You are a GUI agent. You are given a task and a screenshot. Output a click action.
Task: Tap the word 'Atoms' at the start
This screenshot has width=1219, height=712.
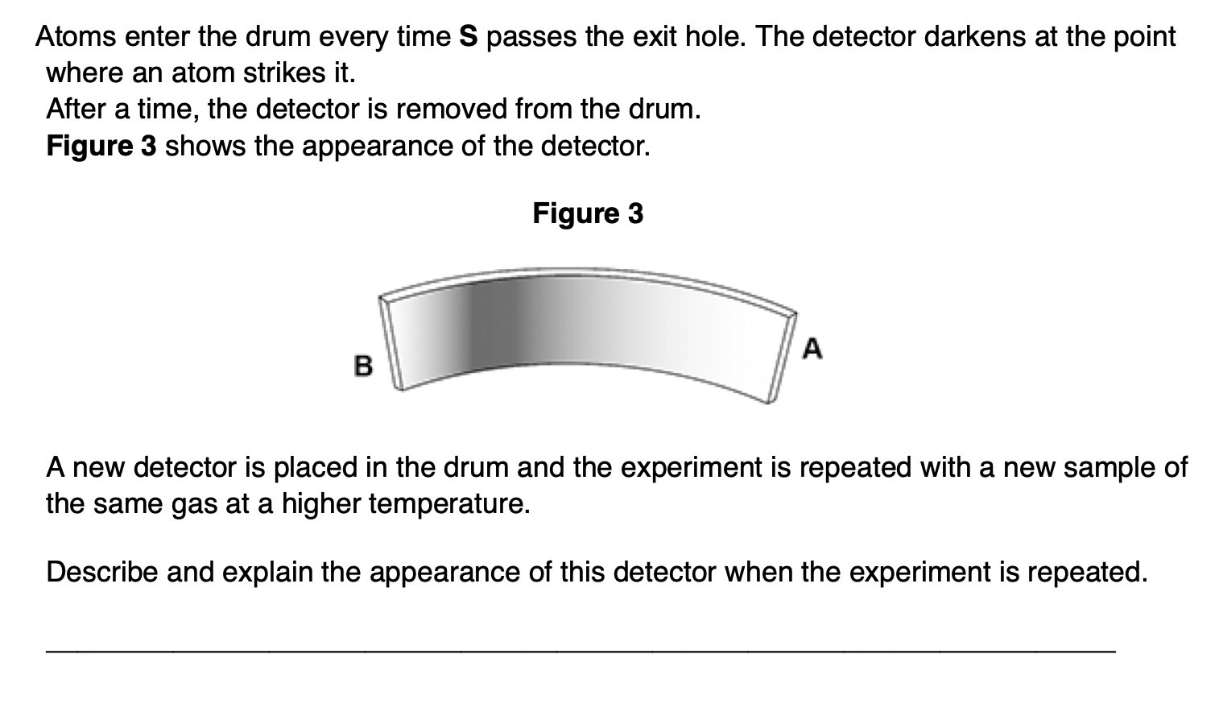point(72,37)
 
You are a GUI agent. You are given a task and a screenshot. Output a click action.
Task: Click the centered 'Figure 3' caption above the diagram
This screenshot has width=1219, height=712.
point(588,213)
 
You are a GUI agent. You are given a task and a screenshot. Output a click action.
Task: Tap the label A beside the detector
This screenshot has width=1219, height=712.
point(813,349)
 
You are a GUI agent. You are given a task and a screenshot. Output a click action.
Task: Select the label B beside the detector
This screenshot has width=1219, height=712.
point(363,366)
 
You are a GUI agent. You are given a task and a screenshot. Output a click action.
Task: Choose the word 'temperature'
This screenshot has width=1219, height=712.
point(448,503)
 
